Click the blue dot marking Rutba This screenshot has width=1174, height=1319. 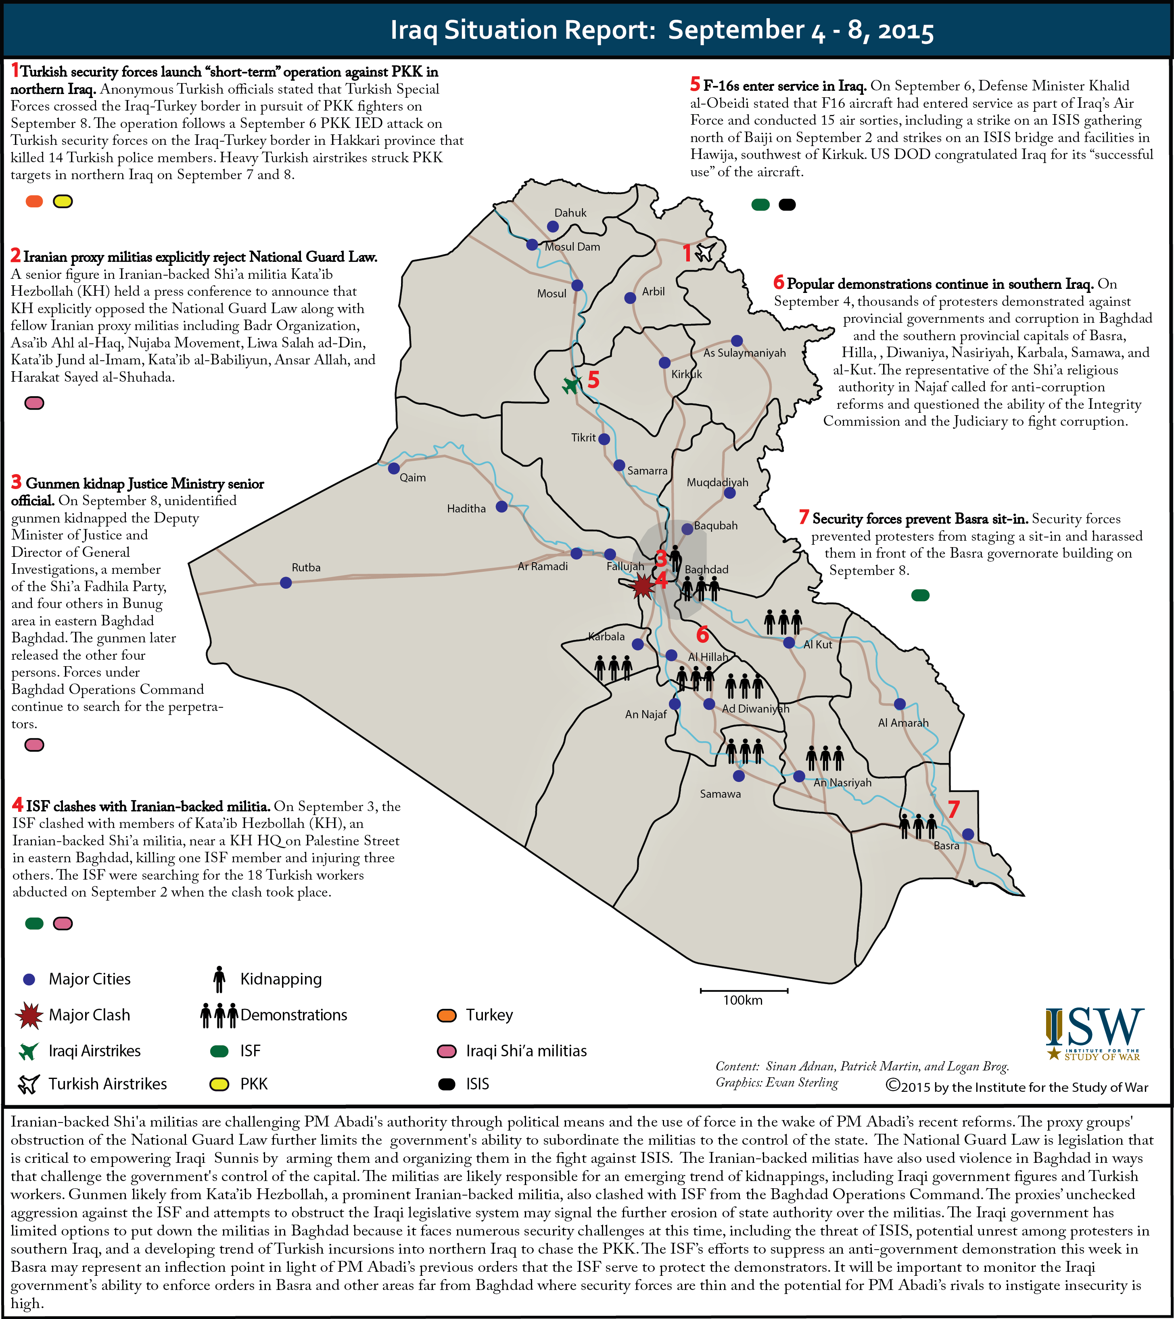point(286,583)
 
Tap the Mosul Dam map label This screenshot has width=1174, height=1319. point(572,247)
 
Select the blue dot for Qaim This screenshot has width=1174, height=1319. point(393,468)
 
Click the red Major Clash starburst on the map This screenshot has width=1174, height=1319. point(643,587)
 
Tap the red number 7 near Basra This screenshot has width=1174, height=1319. point(953,809)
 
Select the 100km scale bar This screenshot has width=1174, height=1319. point(744,990)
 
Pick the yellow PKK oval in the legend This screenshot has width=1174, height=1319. point(220,1084)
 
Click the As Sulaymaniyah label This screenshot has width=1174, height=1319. point(744,353)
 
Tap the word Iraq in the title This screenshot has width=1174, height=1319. point(414,30)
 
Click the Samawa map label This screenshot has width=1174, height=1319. point(721,794)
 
